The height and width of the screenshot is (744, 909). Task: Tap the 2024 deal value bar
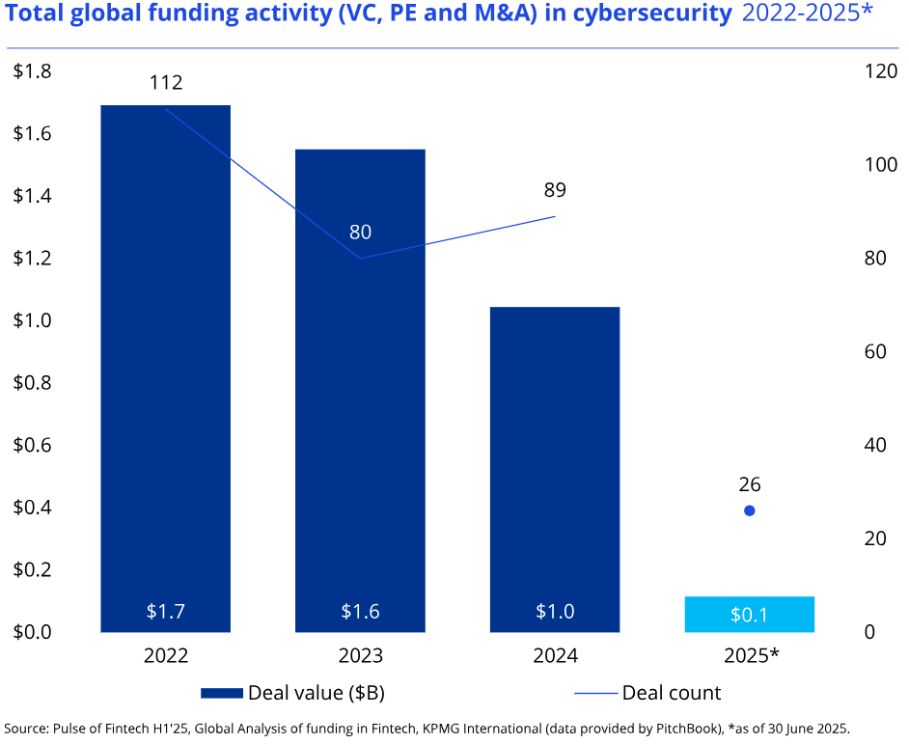tap(555, 463)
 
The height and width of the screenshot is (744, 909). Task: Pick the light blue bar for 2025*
tap(749, 615)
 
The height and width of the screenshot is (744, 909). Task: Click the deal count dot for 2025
tap(749, 510)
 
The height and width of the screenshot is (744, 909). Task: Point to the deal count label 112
tap(166, 83)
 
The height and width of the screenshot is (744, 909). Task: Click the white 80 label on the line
tap(360, 232)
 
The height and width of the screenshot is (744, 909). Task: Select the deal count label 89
tap(555, 189)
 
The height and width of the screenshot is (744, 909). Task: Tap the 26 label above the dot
tap(749, 485)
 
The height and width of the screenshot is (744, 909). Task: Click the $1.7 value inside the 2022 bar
tap(166, 611)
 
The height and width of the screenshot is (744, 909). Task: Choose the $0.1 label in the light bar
tap(749, 615)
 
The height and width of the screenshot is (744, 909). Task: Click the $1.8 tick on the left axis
tap(32, 71)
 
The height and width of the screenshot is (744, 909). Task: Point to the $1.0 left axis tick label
tap(32, 320)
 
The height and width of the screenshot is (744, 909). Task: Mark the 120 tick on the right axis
tap(862, 71)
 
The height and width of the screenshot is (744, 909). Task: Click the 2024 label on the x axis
tap(555, 656)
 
